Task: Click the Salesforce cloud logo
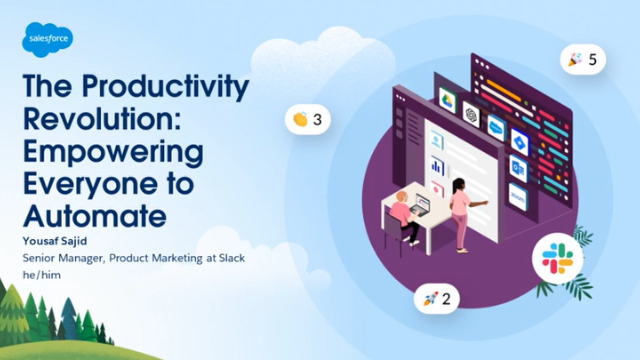tap(44, 43)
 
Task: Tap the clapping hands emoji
tap(299, 120)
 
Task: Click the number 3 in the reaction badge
tap(318, 120)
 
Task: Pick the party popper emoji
tap(574, 60)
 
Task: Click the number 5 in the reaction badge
tap(593, 60)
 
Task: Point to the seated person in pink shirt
tap(399, 209)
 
